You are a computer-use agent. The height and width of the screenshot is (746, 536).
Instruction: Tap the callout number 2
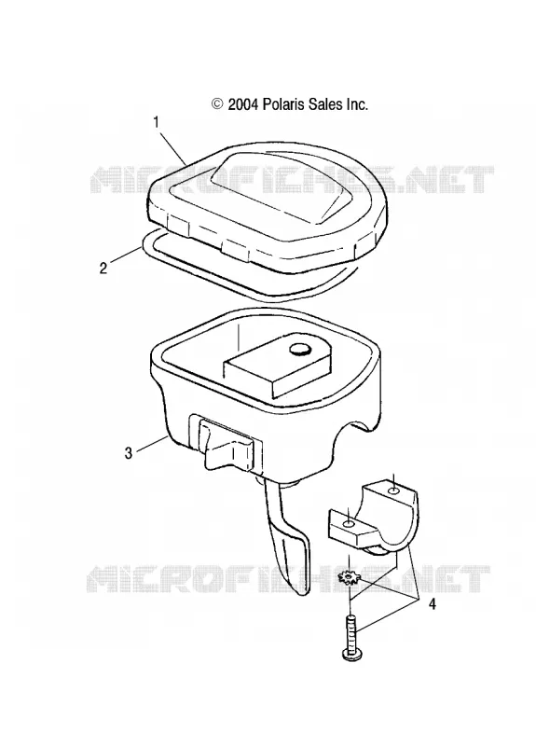pos(103,268)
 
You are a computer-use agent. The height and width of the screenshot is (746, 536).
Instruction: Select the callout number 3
pos(129,453)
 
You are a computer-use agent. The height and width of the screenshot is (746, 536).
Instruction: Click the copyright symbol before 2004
pos(218,104)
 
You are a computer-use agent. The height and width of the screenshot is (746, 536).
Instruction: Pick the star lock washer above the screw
pos(350,578)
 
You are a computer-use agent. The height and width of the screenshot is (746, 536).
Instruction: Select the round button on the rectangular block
pos(299,351)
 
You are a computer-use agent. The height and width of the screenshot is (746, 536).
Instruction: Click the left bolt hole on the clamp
pos(349,523)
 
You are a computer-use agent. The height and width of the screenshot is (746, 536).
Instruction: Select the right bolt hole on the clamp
pos(394,490)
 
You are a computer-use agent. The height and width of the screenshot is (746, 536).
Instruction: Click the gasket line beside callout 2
pos(142,251)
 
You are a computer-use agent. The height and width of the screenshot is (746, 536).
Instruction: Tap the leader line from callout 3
pos(152,444)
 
